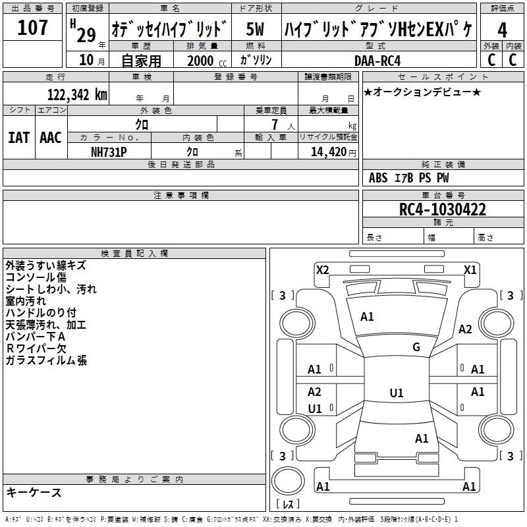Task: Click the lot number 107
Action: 32,28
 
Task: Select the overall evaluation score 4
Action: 502,30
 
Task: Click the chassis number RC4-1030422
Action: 443,210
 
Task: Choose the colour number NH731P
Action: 109,152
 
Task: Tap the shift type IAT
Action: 18,137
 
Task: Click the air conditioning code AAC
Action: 51,137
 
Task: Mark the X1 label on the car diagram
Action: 470,269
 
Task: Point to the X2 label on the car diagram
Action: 322,269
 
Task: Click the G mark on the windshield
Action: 416,347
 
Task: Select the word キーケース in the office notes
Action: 34,492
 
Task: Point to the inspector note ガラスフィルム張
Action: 46,360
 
